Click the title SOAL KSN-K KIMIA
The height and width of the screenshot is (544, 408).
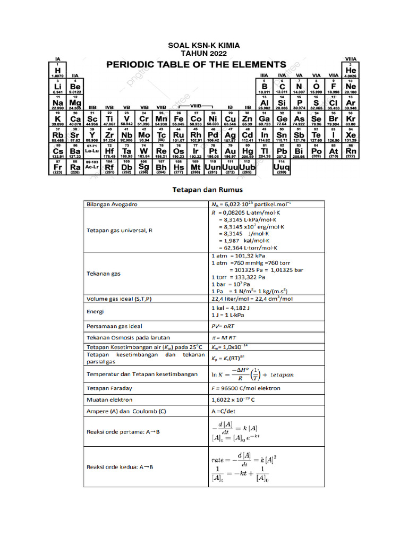coord(204,46)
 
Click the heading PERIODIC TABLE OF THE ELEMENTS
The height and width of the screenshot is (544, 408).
coord(197,64)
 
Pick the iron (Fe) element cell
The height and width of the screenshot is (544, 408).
coord(178,121)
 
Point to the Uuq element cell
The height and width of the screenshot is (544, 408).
coord(281,168)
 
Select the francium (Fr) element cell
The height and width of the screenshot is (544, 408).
coord(57,168)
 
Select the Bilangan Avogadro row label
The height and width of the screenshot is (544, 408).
coord(111,204)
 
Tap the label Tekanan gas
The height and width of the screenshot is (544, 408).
coord(104,274)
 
